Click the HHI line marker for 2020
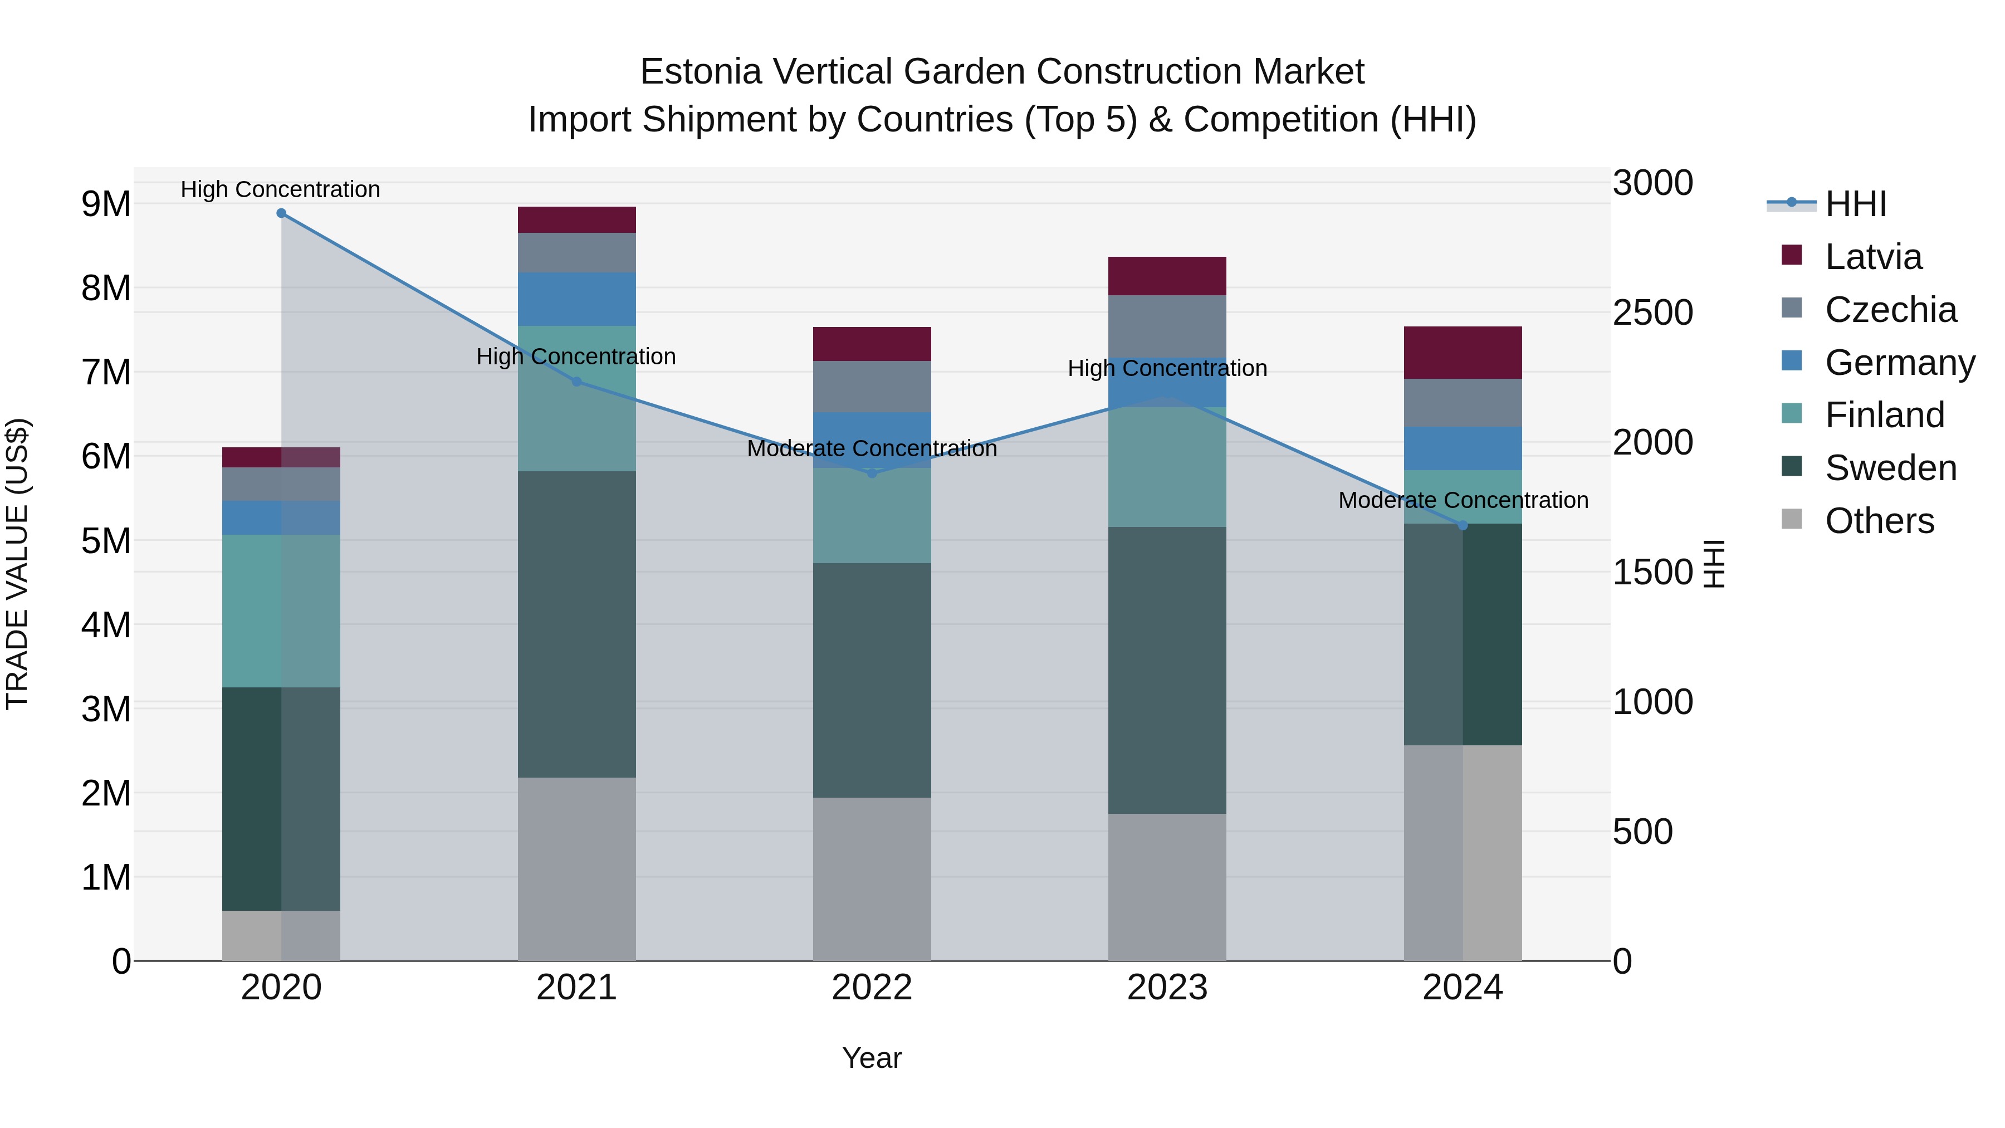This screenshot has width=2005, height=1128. pos(281,213)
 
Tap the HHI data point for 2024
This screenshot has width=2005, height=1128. pos(1463,525)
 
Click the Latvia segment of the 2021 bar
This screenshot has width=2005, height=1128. pos(577,219)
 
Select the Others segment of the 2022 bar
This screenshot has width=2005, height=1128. pos(872,879)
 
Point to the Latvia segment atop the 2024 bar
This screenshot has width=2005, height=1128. pos(1463,353)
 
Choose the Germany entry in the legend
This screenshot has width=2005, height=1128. pos(1899,363)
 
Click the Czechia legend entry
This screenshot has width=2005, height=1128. pos(1890,310)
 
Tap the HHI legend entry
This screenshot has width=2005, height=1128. pos(1855,204)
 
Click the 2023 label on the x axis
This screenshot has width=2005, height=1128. pos(1167,988)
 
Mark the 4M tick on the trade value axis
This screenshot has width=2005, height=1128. pos(106,624)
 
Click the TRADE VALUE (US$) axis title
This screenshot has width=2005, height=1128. pos(17,564)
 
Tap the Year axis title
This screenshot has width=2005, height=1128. pos(872,1058)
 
